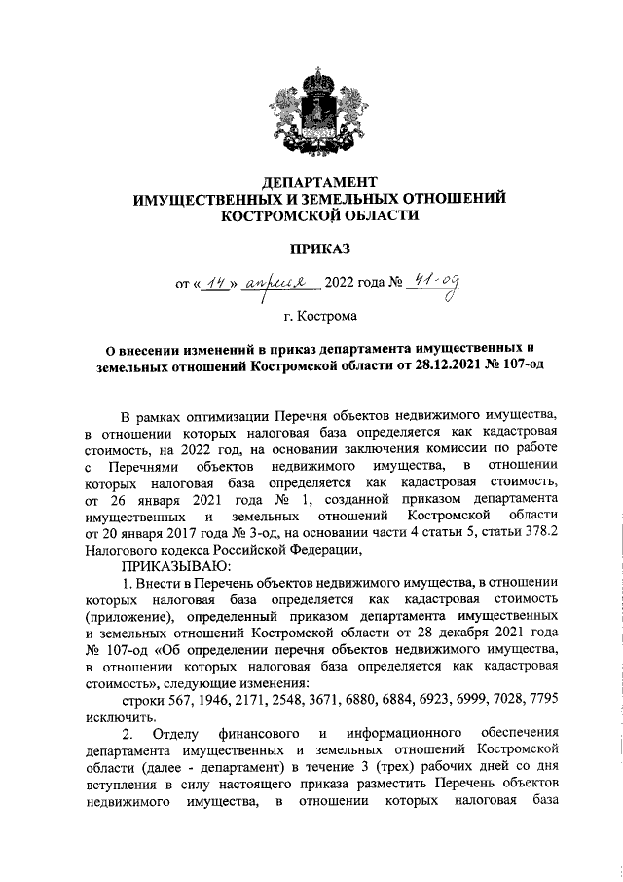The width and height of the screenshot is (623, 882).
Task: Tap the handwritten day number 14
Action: [x=212, y=284]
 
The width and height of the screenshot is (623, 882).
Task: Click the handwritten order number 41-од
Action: [x=435, y=283]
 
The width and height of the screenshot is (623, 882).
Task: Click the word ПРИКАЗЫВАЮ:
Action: [x=174, y=563]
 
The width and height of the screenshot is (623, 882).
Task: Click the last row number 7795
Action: [x=540, y=700]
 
